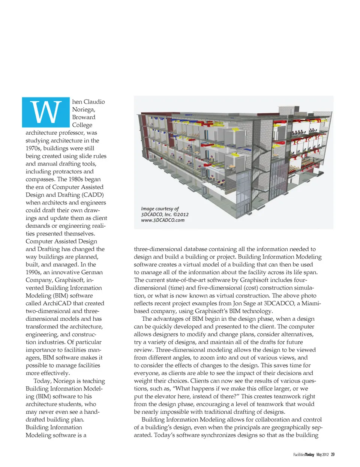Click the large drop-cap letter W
coord(46,112)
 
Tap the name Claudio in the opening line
coord(94,102)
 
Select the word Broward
coord(84,117)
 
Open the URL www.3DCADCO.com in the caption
coord(163,220)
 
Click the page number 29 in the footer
coord(333,455)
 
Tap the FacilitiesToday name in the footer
coord(304,455)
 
